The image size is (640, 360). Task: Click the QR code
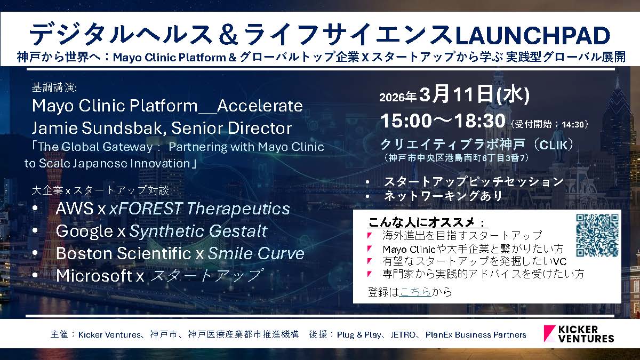coord(597,235)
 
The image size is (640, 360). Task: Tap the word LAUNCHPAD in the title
coord(533,35)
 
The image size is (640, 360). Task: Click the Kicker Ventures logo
coord(579,334)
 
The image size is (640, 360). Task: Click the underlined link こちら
coord(415,292)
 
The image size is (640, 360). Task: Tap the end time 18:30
coord(479,121)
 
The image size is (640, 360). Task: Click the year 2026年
coord(397,97)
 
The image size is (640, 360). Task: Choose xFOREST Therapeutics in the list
coord(199,209)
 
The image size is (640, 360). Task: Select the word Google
coord(85,231)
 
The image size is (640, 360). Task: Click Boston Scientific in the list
coord(124,253)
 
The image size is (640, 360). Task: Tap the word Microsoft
coord(94,275)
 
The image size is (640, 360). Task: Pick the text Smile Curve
coord(256,253)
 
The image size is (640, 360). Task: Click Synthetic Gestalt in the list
coord(198,231)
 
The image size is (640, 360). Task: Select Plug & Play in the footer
coord(359,334)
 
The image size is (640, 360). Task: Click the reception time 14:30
coord(573,125)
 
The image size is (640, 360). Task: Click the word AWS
coord(75,209)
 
